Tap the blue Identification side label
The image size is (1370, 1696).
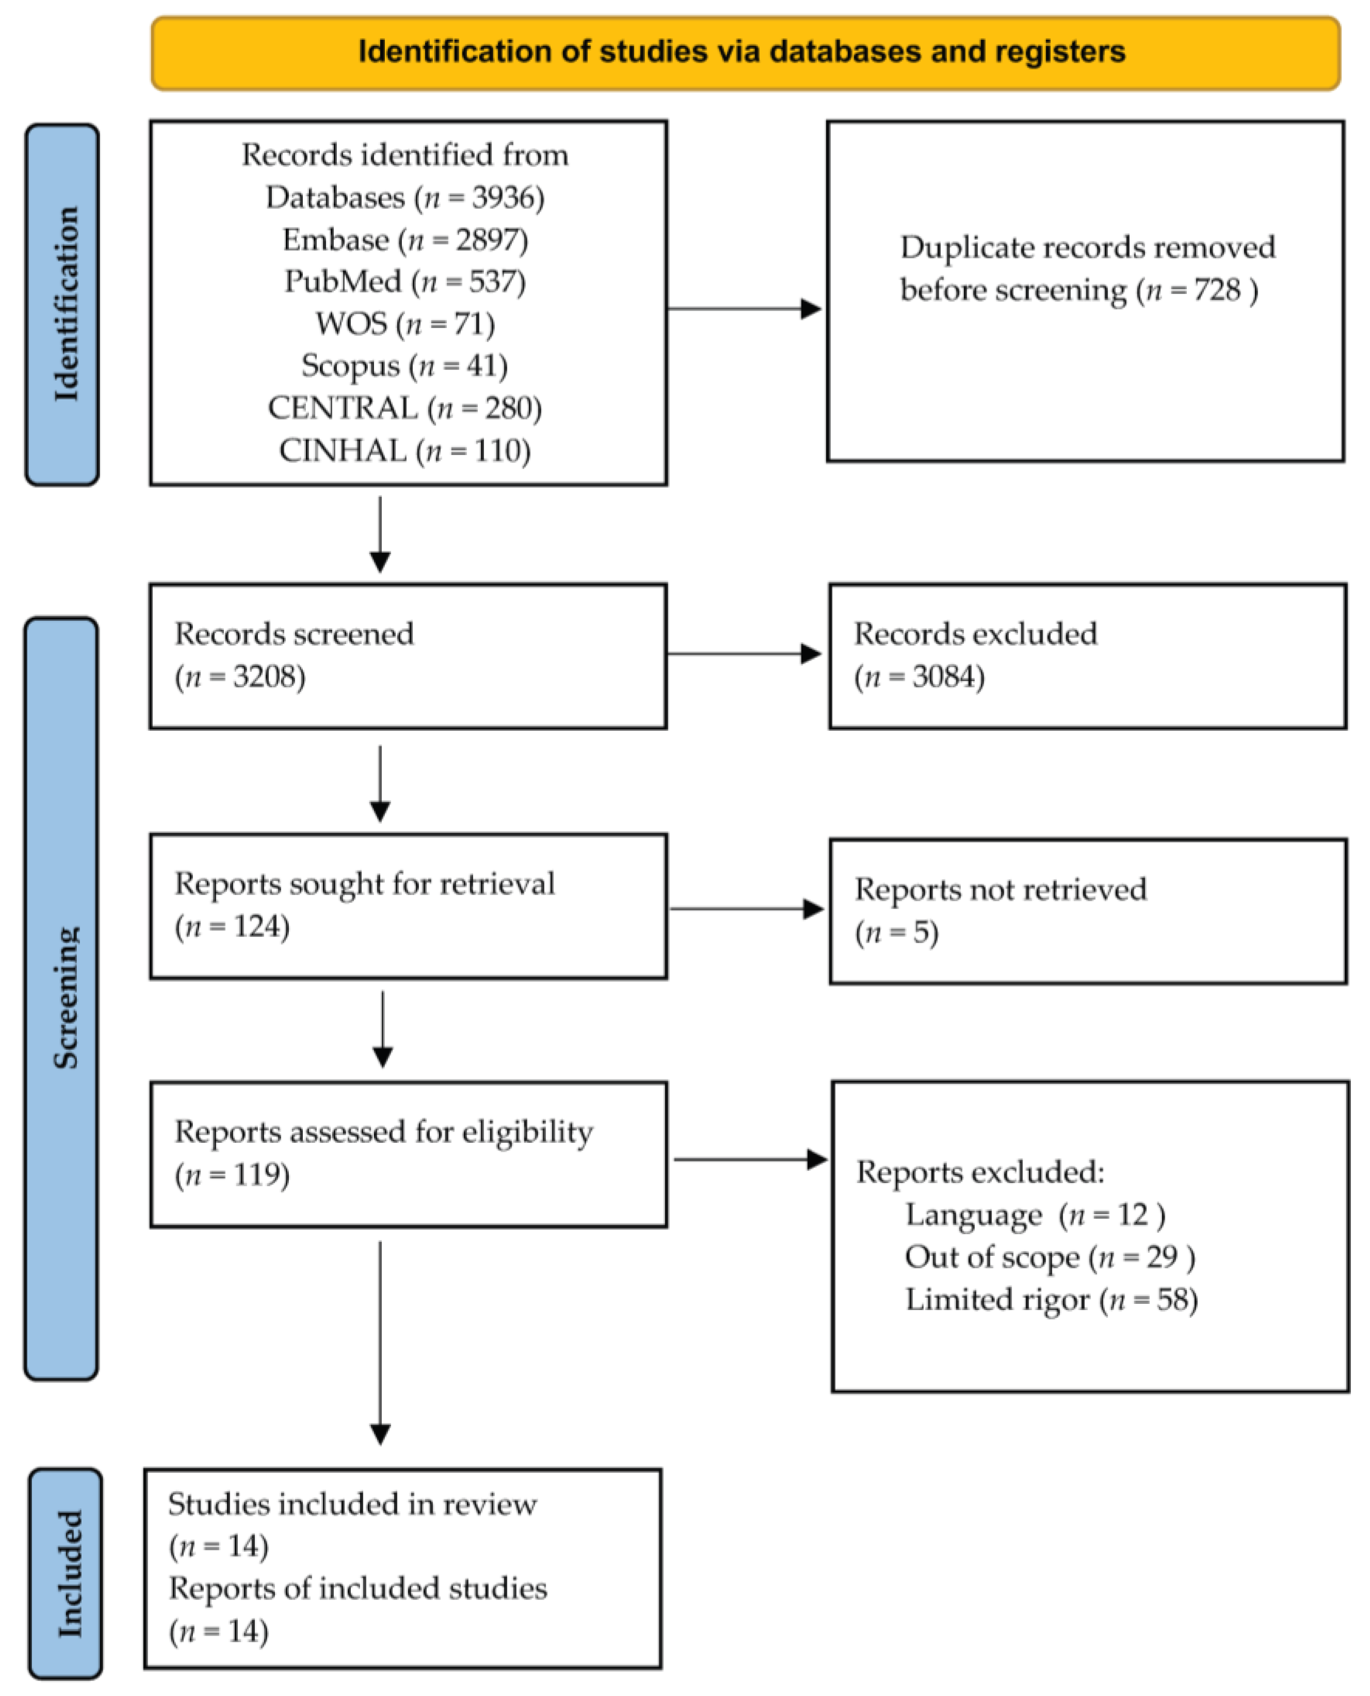63,304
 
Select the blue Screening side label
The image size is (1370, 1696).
63,998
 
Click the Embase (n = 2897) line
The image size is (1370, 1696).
405,239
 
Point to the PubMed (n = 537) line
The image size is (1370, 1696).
405,282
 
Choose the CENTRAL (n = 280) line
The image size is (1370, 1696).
405,408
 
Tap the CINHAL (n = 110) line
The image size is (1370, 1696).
405,450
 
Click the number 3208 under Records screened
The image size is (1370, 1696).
268,676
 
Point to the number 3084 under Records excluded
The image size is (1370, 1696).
948,676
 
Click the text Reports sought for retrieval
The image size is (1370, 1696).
365,884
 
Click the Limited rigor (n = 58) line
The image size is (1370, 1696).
1051,1299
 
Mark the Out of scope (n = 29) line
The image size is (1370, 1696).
1050,1256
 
